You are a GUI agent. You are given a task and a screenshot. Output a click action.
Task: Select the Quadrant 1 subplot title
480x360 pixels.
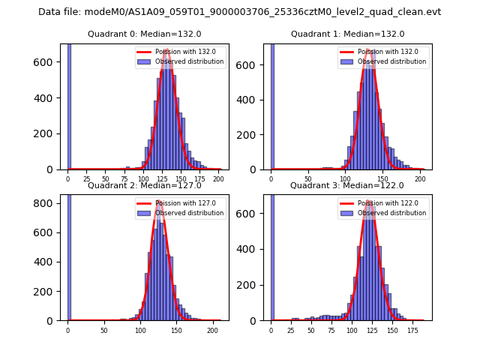(347, 34)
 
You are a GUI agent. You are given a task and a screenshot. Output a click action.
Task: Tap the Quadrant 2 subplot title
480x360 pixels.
(145, 185)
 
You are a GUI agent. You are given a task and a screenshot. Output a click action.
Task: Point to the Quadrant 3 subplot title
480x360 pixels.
(347, 185)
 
